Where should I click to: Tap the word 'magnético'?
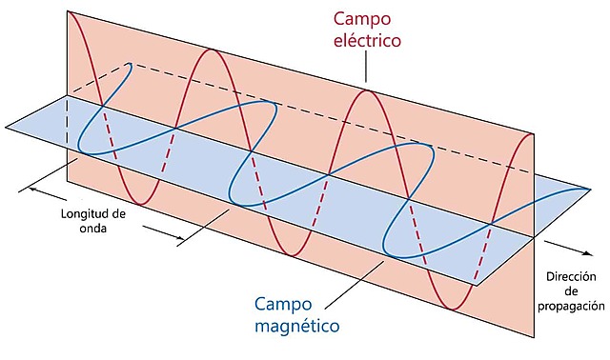297,328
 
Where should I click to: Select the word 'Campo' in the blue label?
282,305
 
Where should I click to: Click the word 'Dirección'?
575,277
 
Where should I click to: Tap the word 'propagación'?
573,307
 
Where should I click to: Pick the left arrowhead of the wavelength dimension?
33,189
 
